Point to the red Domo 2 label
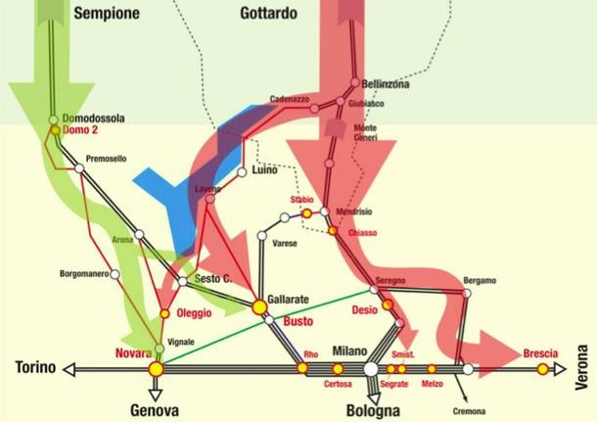pyautogui.click(x=83, y=129)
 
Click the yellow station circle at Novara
pyautogui.click(x=155, y=369)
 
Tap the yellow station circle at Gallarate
pyautogui.click(x=259, y=307)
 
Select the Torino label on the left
pyautogui.click(x=36, y=368)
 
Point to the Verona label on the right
pyautogui.click(x=583, y=367)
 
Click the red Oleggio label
pyautogui.click(x=193, y=313)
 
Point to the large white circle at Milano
pyautogui.click(x=371, y=369)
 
